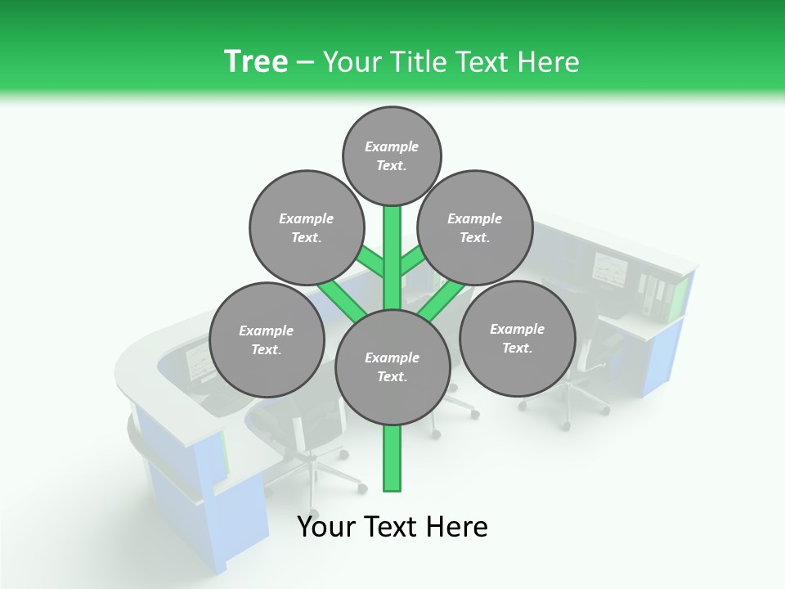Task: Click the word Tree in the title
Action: (x=256, y=61)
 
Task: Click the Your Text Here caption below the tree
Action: (x=392, y=527)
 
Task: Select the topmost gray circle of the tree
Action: (x=392, y=155)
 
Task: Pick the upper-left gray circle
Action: (x=306, y=227)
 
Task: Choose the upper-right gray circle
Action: (x=474, y=227)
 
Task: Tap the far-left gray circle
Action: (x=266, y=339)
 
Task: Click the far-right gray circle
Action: (x=517, y=338)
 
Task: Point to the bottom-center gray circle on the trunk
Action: (x=392, y=367)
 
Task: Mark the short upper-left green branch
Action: (x=370, y=262)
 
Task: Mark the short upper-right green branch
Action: (x=413, y=262)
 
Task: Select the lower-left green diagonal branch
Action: (x=342, y=298)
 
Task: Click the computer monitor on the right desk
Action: (x=609, y=269)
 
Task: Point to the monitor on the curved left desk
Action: (x=199, y=361)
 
